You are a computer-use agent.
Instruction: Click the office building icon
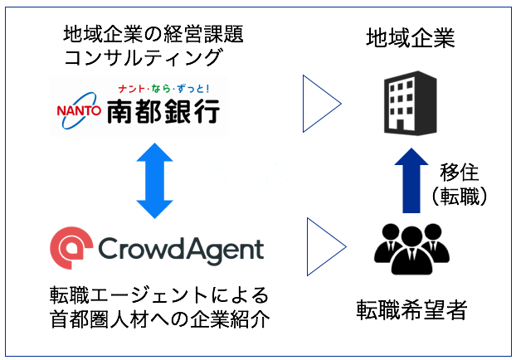(409, 103)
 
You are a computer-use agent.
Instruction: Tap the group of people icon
(409, 248)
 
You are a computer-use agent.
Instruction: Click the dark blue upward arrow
(409, 180)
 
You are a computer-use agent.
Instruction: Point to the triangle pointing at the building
(322, 104)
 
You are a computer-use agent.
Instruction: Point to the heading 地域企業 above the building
(411, 39)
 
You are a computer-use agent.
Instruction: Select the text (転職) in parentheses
(459, 197)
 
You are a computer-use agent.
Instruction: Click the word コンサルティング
(143, 58)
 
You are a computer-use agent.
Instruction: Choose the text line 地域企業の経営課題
(153, 34)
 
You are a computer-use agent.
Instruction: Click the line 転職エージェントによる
(158, 295)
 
